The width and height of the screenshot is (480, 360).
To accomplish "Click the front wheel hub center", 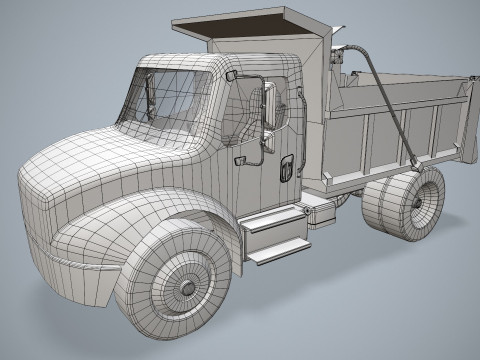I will click(x=187, y=286).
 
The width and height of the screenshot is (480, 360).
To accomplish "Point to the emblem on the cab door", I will click(x=286, y=166).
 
